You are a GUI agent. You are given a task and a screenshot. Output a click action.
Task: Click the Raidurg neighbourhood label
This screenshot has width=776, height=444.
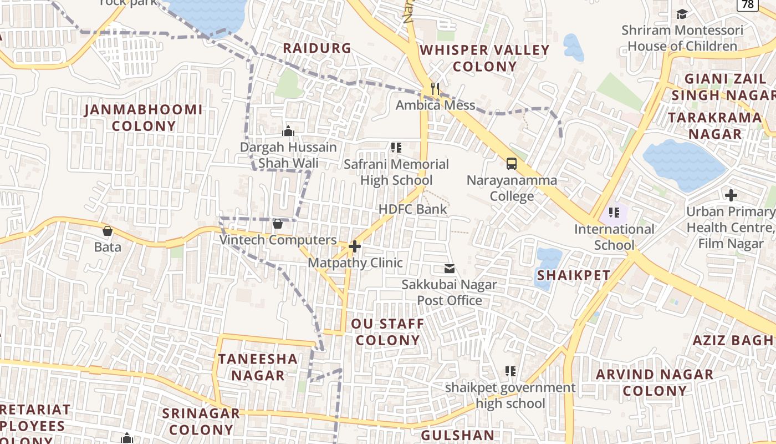tap(317, 48)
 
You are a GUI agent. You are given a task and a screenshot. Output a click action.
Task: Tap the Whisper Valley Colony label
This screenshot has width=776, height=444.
tap(484, 58)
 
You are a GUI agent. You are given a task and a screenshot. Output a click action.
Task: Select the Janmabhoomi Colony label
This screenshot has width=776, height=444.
tap(144, 118)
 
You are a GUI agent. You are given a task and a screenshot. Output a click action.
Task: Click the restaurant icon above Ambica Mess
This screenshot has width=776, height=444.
tap(435, 89)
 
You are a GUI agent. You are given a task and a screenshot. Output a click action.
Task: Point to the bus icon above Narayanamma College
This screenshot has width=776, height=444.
tap(512, 164)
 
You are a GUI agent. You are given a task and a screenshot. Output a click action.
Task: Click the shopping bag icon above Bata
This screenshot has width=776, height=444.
tap(108, 230)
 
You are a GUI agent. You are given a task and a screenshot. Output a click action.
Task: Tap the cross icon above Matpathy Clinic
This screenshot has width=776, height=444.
tap(355, 246)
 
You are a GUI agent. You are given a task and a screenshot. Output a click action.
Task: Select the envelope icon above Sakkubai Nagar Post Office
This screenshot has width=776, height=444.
tap(449, 269)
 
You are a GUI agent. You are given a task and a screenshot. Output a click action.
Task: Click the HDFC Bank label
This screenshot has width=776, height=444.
tap(413, 209)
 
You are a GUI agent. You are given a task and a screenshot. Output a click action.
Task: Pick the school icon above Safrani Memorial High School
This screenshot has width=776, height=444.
tap(396, 148)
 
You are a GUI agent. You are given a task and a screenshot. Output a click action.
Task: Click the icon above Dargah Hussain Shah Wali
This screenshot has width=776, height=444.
tap(288, 131)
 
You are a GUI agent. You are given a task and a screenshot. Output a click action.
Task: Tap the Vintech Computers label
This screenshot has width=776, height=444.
tap(278, 240)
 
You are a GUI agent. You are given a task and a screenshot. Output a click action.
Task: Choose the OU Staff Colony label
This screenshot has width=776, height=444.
tap(387, 332)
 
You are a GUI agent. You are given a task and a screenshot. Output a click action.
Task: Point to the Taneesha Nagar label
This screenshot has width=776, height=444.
tap(258, 367)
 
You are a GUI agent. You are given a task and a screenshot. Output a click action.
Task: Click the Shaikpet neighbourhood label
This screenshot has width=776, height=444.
tap(574, 275)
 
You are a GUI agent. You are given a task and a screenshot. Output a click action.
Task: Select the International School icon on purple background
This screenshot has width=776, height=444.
tap(614, 213)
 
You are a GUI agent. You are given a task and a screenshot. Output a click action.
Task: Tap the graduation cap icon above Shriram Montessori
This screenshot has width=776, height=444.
tap(682, 14)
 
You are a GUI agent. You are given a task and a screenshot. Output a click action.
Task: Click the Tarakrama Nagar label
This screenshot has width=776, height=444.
tap(714, 125)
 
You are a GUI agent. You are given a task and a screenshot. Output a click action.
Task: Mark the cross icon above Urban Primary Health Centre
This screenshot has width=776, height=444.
tap(731, 195)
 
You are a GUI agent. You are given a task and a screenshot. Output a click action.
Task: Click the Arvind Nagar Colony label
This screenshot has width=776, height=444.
tap(655, 382)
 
